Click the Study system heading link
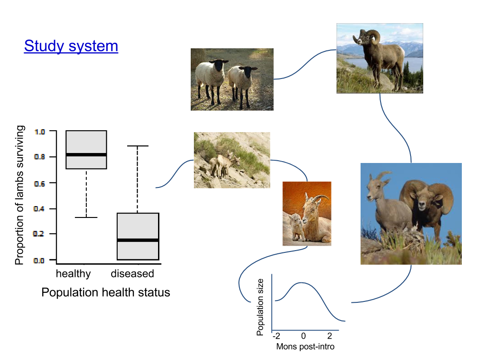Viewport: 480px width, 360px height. [71, 46]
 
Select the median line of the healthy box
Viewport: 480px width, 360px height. [86, 155]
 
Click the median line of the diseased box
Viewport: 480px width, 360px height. [138, 240]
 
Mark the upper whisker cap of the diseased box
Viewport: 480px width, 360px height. [137, 146]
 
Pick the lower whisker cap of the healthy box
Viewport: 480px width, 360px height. [86, 217]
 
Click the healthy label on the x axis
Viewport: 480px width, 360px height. [73, 274]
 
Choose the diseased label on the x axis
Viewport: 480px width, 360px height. [132, 274]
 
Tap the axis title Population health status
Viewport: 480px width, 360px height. [106, 293]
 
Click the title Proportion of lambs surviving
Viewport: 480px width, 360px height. [19, 195]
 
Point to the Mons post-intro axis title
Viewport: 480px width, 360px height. [305, 347]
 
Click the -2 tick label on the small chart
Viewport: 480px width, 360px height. [276, 336]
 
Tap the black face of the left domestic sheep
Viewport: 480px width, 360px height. [218, 67]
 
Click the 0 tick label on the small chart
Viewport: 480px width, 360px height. [303, 336]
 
